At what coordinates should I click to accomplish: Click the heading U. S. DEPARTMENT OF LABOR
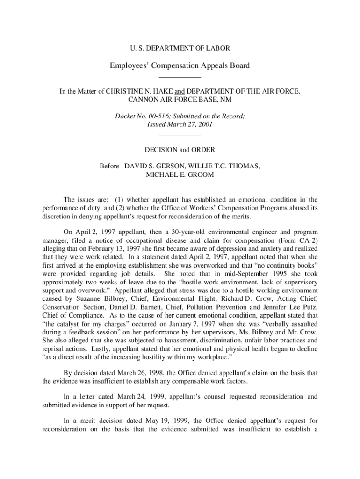(x=180, y=48)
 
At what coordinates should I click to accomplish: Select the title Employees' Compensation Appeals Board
(x=180, y=65)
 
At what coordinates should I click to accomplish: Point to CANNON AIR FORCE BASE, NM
(x=180, y=100)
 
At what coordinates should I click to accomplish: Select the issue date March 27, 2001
(x=189, y=125)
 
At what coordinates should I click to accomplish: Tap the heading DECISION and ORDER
(x=180, y=150)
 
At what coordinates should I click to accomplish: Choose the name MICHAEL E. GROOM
(x=180, y=174)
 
